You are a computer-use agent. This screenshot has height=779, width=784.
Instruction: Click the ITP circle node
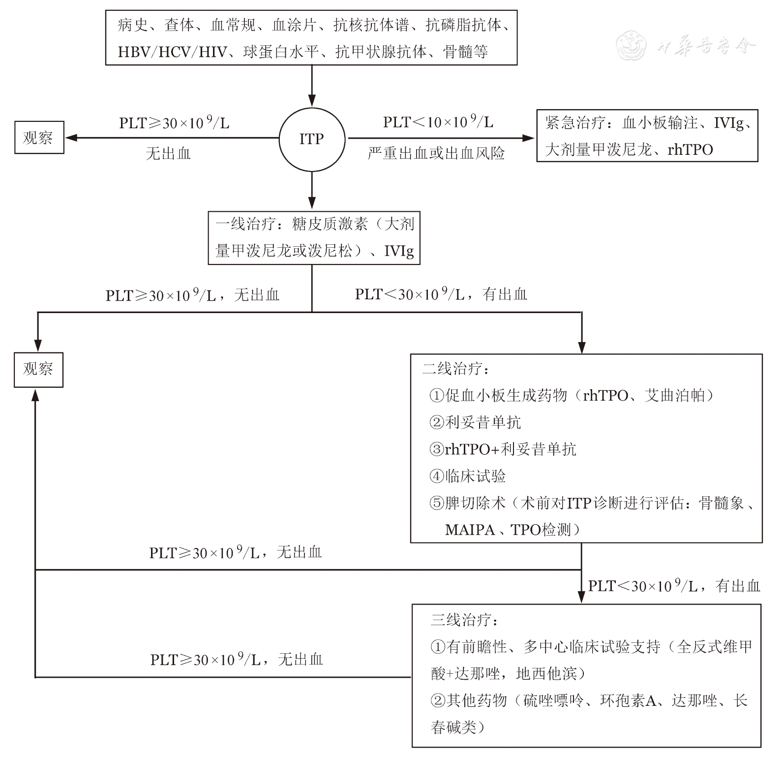(x=312, y=139)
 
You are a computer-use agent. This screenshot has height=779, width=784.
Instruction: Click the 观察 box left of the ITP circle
(x=39, y=138)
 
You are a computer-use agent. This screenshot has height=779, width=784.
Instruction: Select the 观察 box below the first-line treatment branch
(x=38, y=370)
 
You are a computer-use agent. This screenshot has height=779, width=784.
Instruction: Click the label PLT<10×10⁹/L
(x=438, y=122)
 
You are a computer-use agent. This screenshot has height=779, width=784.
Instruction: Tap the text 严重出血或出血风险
(x=436, y=153)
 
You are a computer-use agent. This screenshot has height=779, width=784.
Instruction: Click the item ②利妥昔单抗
(x=475, y=422)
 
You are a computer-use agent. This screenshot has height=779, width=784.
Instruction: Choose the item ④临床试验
(x=468, y=476)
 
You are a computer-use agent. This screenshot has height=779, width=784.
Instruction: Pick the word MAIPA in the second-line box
(x=470, y=530)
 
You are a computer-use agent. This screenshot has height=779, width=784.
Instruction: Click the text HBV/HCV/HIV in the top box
(x=173, y=52)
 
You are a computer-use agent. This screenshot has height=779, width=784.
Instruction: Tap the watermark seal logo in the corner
(x=632, y=45)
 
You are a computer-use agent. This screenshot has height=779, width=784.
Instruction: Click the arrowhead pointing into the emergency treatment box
(x=529, y=138)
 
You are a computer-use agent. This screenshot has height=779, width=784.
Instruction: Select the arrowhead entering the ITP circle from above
(x=312, y=101)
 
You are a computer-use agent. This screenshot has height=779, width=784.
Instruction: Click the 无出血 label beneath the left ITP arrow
(x=168, y=154)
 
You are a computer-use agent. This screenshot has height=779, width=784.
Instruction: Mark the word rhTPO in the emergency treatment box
(x=690, y=150)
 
